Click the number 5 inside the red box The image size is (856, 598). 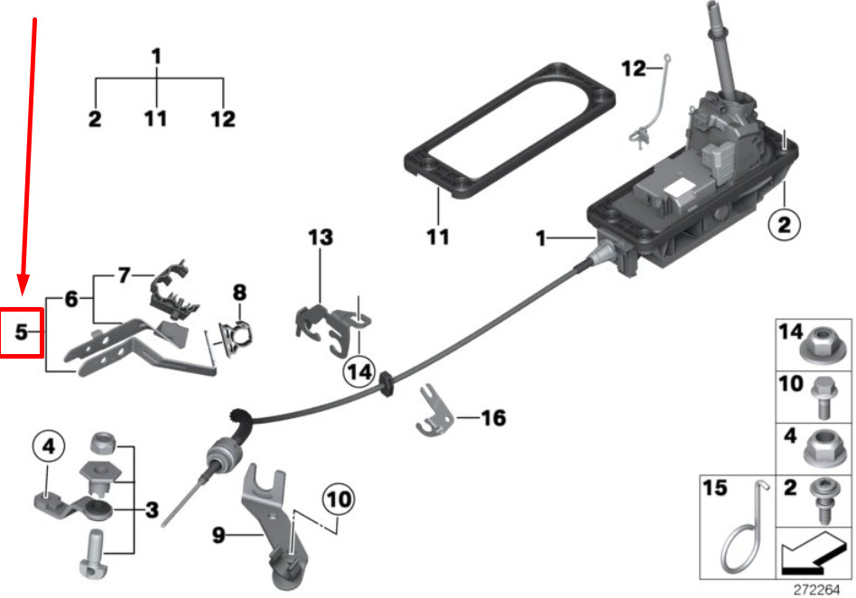(21, 332)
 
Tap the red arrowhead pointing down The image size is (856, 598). (23, 284)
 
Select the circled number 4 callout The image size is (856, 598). (49, 447)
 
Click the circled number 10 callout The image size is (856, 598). (339, 499)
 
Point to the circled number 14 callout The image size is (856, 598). (359, 372)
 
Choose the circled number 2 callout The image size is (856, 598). (784, 224)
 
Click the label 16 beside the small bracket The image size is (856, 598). (494, 417)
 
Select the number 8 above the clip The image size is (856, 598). (239, 293)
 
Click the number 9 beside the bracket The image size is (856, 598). (219, 535)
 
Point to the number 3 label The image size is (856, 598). (152, 510)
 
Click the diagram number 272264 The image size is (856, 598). (816, 590)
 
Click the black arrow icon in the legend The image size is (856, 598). (813, 553)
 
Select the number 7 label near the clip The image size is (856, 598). (124, 275)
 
